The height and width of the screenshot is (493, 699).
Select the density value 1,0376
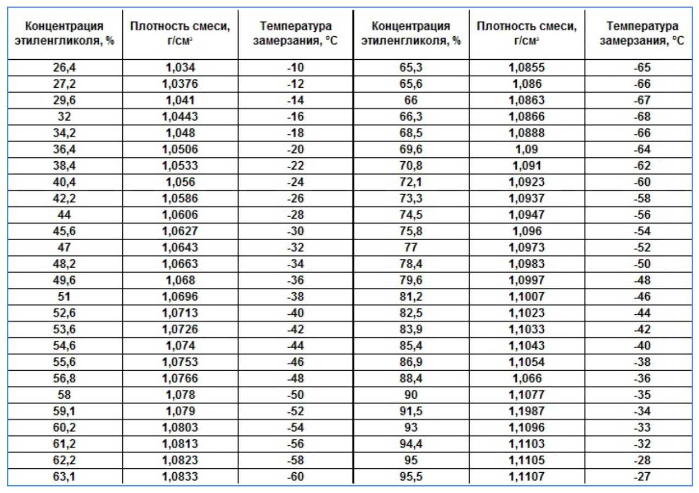(180, 84)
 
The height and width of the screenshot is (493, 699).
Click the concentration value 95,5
(411, 477)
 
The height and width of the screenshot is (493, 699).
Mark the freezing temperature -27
(641, 477)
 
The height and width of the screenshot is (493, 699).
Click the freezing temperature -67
(641, 100)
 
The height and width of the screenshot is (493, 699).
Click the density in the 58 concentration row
(180, 395)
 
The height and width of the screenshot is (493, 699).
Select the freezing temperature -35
(641, 395)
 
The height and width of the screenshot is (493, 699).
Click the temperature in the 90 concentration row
(641, 395)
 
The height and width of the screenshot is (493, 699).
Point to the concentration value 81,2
(411, 297)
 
